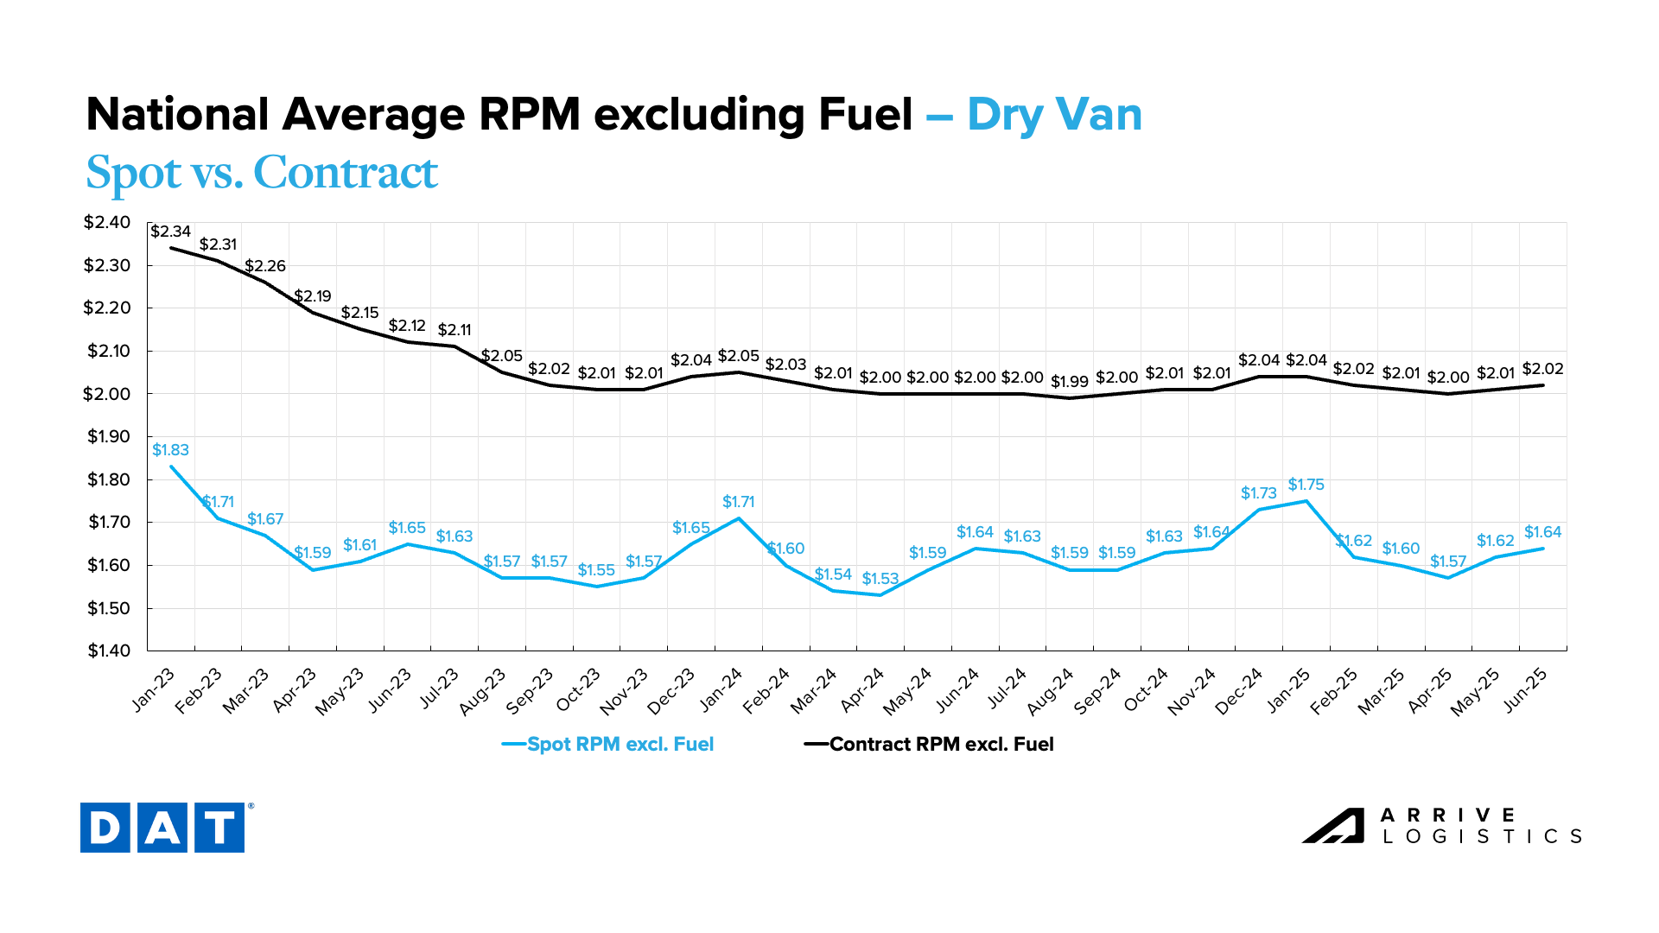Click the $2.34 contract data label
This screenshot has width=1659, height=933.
(x=170, y=232)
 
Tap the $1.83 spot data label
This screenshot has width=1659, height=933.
(x=170, y=450)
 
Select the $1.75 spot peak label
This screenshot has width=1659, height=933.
(x=1306, y=485)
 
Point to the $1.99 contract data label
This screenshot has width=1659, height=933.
(x=1069, y=382)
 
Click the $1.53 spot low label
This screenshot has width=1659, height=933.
(x=880, y=579)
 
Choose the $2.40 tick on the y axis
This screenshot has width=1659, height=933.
(x=107, y=223)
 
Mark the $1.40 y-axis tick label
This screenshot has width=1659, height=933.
(x=108, y=651)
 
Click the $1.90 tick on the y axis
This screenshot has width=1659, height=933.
(x=108, y=436)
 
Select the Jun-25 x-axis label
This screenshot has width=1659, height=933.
(x=1525, y=689)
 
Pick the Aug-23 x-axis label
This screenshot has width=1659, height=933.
(x=482, y=691)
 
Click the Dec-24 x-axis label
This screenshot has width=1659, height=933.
(x=1240, y=691)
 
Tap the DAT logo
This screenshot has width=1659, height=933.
(x=163, y=828)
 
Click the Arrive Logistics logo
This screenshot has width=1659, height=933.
(x=1441, y=826)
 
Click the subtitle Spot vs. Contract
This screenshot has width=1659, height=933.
(x=262, y=172)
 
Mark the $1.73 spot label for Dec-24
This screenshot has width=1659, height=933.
(x=1258, y=493)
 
